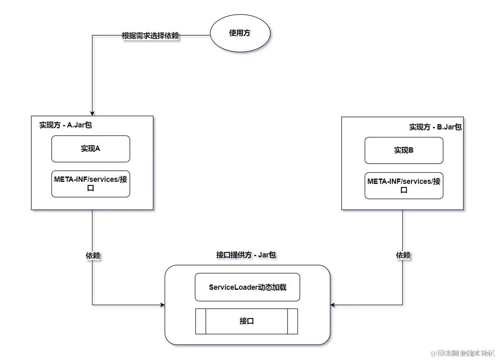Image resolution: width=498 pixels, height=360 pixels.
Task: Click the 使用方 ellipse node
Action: click(x=240, y=34)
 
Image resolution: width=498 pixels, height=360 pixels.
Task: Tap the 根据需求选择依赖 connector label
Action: click(x=150, y=36)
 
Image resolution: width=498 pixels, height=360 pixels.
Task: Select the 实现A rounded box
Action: click(x=91, y=149)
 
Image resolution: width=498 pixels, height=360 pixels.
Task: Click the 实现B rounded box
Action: click(x=404, y=150)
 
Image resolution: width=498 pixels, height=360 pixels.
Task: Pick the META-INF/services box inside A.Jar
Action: click(x=91, y=184)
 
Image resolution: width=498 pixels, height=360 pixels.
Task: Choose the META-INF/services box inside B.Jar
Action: click(x=404, y=185)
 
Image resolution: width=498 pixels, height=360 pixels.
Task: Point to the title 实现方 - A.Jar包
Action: click(x=65, y=125)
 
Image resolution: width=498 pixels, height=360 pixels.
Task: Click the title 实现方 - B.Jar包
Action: click(x=435, y=127)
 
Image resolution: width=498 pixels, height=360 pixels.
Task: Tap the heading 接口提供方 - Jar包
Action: click(x=246, y=255)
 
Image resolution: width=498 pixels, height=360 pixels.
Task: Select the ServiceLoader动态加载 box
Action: click(x=247, y=287)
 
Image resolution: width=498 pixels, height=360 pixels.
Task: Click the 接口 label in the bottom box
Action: click(x=247, y=321)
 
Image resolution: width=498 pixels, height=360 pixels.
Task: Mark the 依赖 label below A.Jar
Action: click(x=93, y=256)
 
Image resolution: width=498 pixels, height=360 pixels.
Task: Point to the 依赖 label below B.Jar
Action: click(x=403, y=256)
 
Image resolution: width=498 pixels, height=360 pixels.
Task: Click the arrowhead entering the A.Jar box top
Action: click(x=93, y=113)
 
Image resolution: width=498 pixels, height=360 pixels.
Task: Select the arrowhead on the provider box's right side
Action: click(x=333, y=305)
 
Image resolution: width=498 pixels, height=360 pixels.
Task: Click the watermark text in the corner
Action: click(x=463, y=353)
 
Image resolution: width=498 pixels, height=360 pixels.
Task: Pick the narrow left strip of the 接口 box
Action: click(x=201, y=321)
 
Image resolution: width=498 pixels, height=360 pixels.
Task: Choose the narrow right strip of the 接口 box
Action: click(x=292, y=321)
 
